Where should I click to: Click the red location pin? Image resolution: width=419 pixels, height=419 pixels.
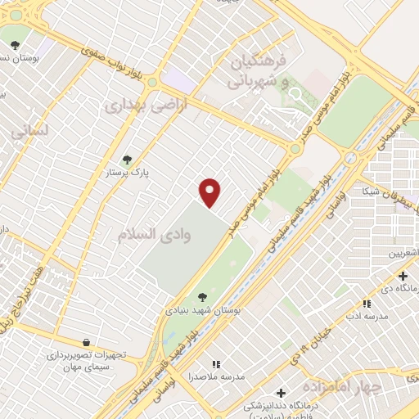(x=211, y=191)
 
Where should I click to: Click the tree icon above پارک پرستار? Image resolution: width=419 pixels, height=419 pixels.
(x=125, y=160)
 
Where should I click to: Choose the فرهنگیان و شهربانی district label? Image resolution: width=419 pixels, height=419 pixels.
(x=259, y=71)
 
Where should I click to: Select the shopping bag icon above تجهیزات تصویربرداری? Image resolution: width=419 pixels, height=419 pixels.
(x=87, y=342)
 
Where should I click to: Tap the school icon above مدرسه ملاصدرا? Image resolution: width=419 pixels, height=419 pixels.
(x=216, y=363)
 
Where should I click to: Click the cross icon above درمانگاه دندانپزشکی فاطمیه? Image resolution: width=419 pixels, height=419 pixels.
(x=281, y=393)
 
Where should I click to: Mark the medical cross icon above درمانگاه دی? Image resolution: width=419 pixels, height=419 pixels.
(x=402, y=276)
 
